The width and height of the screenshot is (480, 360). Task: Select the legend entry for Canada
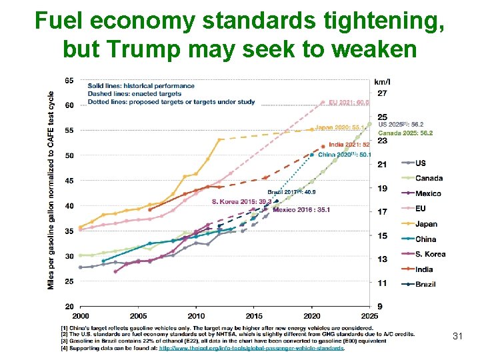(x=428, y=178)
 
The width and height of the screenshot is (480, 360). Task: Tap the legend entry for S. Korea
(x=430, y=254)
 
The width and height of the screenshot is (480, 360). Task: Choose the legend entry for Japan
(x=426, y=224)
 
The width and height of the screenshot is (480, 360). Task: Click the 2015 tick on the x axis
(x=254, y=315)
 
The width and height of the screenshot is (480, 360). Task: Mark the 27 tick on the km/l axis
(x=383, y=93)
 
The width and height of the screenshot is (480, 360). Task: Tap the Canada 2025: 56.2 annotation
(x=405, y=133)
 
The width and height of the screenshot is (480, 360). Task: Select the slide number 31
(x=457, y=336)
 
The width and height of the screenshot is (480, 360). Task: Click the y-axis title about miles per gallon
(x=51, y=190)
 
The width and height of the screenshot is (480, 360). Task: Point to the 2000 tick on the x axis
(x=80, y=315)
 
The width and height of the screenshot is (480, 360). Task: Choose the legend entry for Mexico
(x=427, y=193)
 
